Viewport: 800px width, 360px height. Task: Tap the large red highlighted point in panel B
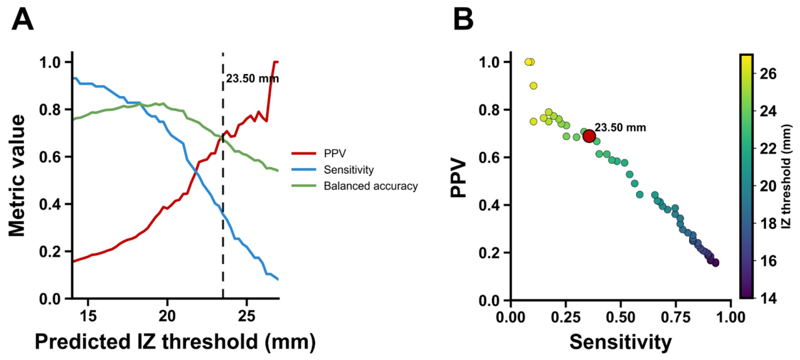point(589,136)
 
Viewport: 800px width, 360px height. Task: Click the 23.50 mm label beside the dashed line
point(252,78)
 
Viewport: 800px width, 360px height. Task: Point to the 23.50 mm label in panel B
point(620,127)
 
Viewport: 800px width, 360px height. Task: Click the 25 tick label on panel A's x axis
point(246,316)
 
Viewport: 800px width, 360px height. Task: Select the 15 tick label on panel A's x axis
point(88,316)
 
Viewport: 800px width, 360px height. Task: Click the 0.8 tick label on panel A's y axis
point(51,110)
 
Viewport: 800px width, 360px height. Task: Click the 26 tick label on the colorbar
point(768,74)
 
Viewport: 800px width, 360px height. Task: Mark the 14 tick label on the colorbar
point(768,298)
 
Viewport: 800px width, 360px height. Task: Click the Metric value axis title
point(17,176)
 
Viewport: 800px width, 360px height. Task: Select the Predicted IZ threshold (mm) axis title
point(175,342)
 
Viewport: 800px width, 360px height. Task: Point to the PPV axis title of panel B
point(459,178)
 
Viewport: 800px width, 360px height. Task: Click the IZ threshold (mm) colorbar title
point(787,176)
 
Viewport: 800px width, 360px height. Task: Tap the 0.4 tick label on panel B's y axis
point(490,205)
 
